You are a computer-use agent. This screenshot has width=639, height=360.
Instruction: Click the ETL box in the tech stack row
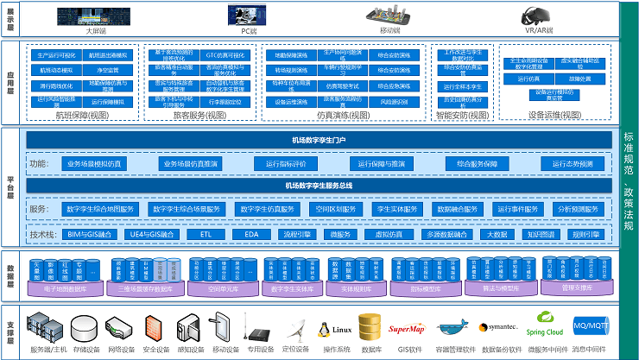[x=206, y=234]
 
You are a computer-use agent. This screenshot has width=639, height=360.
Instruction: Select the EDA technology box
[x=251, y=234]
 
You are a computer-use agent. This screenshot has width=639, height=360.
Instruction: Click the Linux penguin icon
[x=326, y=329]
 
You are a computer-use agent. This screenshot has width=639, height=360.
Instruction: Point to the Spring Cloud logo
[x=544, y=327]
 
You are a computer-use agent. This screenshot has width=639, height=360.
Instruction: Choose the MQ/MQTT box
[x=591, y=326]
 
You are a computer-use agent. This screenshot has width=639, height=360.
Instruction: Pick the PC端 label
[x=248, y=31]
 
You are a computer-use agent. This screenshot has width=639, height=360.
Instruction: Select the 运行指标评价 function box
[x=286, y=163]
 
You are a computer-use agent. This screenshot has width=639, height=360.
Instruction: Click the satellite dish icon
[x=294, y=328]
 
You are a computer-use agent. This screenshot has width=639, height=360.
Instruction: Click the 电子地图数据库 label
[x=66, y=289]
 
